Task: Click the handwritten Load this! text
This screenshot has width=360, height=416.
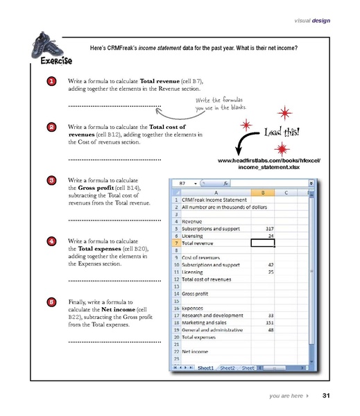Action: coord(282,132)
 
